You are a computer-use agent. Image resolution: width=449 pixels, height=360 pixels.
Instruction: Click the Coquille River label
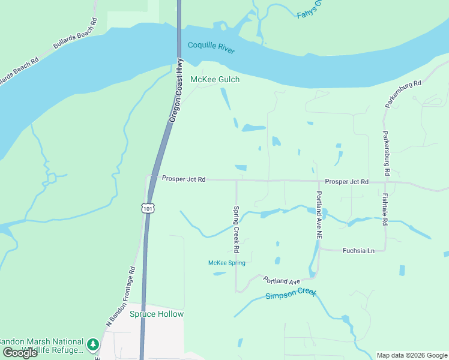click(211, 47)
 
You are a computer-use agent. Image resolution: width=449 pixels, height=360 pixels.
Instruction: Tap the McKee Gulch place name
click(215, 79)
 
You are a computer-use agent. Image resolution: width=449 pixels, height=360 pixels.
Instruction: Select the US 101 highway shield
click(148, 208)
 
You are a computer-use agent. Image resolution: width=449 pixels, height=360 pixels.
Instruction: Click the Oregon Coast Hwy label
click(176, 90)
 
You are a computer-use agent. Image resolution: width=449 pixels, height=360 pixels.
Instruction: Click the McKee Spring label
click(226, 263)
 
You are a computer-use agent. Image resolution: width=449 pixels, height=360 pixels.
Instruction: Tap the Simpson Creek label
click(291, 294)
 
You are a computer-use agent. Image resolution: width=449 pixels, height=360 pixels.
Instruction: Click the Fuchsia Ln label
click(358, 250)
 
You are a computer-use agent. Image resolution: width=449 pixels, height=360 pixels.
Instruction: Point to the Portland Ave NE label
click(319, 216)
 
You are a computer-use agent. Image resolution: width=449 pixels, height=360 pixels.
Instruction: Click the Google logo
click(20, 352)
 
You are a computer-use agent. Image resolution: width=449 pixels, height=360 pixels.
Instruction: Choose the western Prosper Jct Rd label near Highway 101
click(184, 179)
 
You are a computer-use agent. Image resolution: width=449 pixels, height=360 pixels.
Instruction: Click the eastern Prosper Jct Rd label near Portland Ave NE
click(346, 181)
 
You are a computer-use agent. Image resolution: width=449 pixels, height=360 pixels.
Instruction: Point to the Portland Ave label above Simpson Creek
click(281, 281)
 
